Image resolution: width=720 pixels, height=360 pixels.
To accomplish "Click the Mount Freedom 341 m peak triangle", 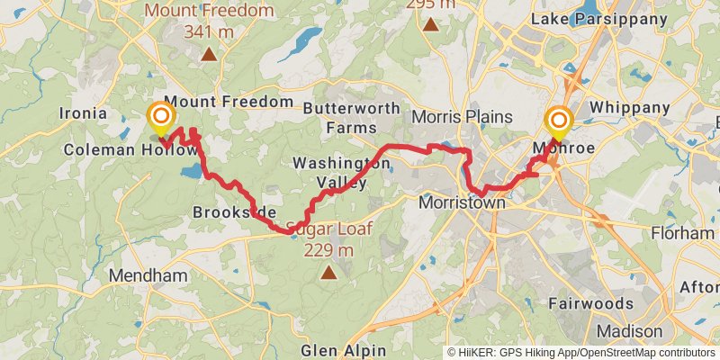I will [x=209, y=54].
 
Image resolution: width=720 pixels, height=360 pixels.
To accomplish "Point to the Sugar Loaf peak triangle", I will [x=328, y=271].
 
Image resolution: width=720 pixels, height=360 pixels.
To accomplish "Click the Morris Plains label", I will [x=462, y=117].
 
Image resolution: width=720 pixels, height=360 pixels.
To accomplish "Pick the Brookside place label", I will [x=233, y=212].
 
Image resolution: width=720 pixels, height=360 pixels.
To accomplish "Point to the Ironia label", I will [x=82, y=113].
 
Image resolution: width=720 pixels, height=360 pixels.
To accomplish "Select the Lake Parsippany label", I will [x=612, y=18].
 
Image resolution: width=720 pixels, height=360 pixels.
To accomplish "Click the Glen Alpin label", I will [x=345, y=349].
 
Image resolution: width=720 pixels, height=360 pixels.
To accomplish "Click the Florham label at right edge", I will [x=685, y=233].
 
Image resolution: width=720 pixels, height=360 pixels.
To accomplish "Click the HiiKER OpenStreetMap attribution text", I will [x=580, y=353].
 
